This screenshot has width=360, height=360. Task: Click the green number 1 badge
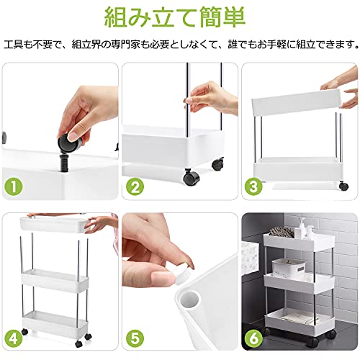point(14,186)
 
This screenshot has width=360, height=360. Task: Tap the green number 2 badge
point(135,186)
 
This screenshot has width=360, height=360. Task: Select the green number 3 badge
point(253,186)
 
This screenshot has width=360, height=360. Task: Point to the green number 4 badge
point(14,339)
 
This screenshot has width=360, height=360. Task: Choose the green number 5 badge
point(135,339)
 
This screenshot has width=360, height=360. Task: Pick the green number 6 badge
point(253,339)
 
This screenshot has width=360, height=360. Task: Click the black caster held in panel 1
point(69,143)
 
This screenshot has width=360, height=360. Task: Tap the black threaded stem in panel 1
point(64,163)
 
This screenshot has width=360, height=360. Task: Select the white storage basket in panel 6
point(289,268)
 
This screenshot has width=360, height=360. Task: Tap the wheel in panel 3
point(343,186)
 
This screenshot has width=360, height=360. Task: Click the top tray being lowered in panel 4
point(53,225)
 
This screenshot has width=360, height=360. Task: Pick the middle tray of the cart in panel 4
point(55,280)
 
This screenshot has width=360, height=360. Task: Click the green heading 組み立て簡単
point(174,18)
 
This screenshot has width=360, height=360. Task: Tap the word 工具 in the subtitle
point(14,44)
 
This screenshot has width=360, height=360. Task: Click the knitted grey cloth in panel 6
point(282,231)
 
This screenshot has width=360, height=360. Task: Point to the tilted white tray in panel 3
point(297,102)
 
